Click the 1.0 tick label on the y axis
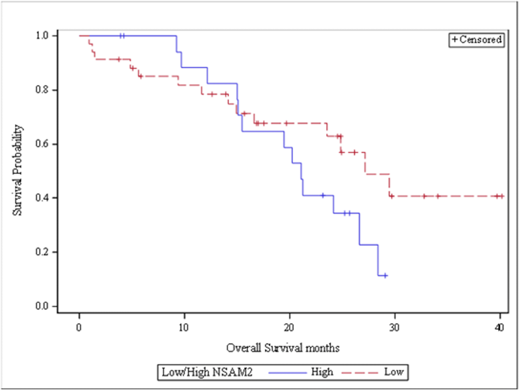[x=42, y=36]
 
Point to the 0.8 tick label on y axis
[x=42, y=90]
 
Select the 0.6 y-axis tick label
[x=42, y=144]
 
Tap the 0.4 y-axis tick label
[x=42, y=198]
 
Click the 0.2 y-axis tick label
[x=42, y=252]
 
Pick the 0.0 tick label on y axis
[x=42, y=306]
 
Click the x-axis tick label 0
[x=79, y=328]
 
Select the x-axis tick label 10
[x=184, y=328]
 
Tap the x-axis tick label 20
[x=289, y=328]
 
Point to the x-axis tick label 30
[x=394, y=328]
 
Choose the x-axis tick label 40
[x=499, y=328]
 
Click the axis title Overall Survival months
[x=283, y=348]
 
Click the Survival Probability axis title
[x=17, y=171]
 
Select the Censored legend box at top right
[x=476, y=40]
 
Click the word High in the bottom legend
[x=322, y=372]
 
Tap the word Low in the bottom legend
[x=394, y=372]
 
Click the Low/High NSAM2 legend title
[x=207, y=372]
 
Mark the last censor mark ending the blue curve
[x=385, y=275]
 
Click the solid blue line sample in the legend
[x=287, y=372]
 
